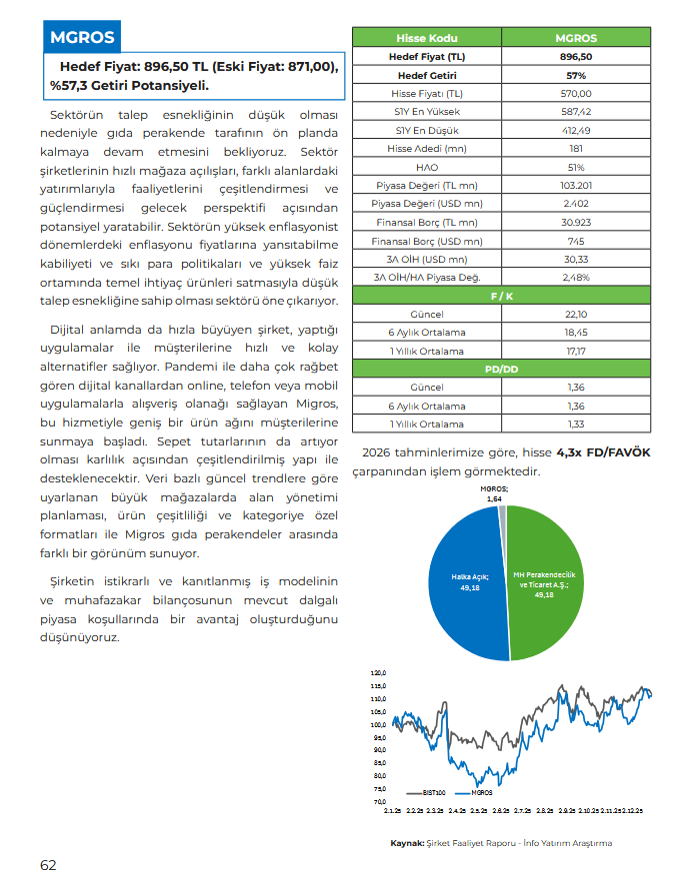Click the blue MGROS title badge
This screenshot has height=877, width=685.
click(x=82, y=39)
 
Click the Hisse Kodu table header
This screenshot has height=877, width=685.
click(x=427, y=38)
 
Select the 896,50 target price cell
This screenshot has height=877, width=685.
click(x=576, y=56)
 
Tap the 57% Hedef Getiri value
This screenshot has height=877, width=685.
click(x=576, y=75)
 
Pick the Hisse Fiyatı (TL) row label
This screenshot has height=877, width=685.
click(x=427, y=93)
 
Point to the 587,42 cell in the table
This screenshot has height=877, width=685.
click(x=576, y=112)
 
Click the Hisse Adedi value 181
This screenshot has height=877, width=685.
click(x=576, y=148)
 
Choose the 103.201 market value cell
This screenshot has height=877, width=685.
click(x=576, y=185)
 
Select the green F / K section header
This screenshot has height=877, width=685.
click(x=501, y=297)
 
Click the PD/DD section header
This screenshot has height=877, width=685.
click(x=501, y=369)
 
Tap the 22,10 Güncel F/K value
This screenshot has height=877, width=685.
click(x=576, y=315)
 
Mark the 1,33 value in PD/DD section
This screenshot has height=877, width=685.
click(x=576, y=424)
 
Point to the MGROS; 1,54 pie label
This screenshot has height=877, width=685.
click(x=493, y=492)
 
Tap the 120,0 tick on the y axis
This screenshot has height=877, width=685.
click(x=378, y=673)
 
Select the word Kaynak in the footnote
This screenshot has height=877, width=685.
click(x=406, y=843)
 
